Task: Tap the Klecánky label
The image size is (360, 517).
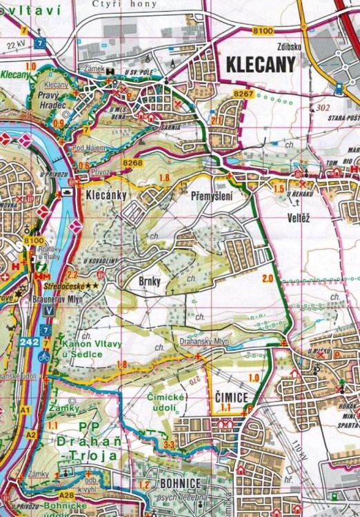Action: [x=106, y=196]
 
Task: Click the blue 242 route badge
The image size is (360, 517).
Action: [x=28, y=342]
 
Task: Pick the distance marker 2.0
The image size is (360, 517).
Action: [x=268, y=278]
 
